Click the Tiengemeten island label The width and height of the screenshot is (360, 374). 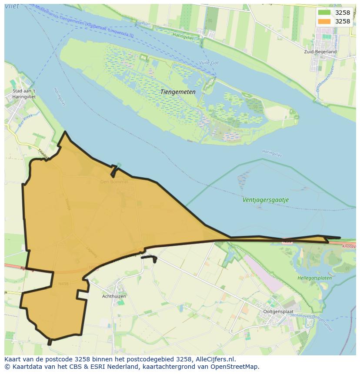tap(178, 92)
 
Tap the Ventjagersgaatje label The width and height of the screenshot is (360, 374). tap(265, 200)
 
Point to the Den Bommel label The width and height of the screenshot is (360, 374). tap(114, 182)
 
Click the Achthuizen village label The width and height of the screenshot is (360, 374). tap(113, 296)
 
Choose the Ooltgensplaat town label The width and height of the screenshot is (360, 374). tap(278, 312)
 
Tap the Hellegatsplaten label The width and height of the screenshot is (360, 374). tap(314, 278)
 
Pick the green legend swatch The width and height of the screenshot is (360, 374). tap(324, 13)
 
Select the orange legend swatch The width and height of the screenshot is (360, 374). tap(324, 21)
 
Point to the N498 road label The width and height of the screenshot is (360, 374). tap(63, 284)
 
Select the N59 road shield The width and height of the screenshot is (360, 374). tap(287, 241)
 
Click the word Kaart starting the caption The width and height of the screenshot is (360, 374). tap(13, 359)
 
